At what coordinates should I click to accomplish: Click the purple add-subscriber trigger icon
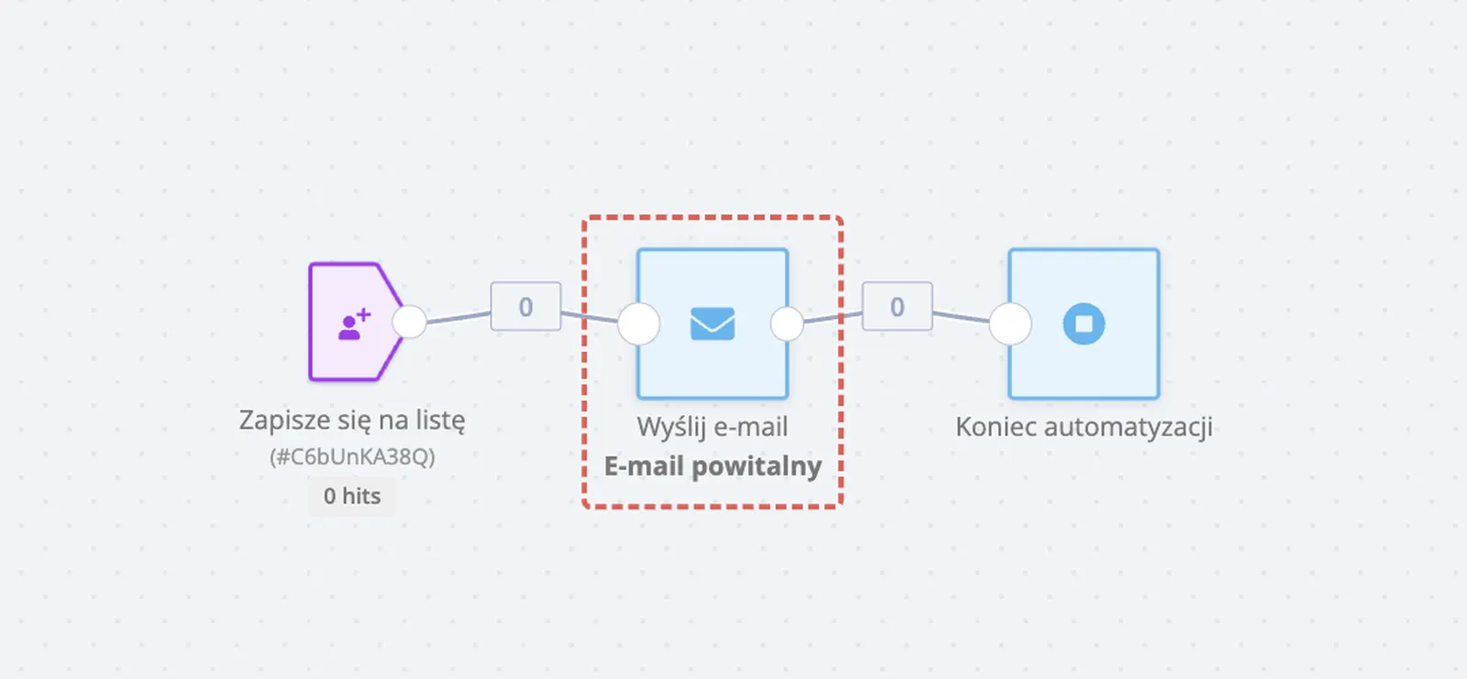point(353,323)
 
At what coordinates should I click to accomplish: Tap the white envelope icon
point(712,323)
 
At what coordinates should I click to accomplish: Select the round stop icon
point(1084,323)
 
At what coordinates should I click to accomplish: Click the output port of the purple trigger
point(409,322)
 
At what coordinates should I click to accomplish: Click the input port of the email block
point(639,323)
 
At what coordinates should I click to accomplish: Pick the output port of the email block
point(787,323)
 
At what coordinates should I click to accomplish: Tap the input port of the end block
point(1010,323)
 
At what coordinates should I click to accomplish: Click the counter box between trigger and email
point(525,306)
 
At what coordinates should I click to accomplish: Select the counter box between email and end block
point(897,306)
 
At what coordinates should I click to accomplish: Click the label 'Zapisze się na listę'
point(352,421)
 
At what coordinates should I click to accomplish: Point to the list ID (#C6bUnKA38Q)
point(352,456)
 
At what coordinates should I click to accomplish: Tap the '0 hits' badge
point(352,496)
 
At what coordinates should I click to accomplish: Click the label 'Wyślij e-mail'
point(712,427)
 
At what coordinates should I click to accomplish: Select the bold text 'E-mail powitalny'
point(712,466)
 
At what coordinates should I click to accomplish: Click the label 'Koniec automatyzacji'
point(1084,427)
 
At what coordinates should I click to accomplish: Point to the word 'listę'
point(440,421)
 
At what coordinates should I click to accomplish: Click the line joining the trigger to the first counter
point(458,317)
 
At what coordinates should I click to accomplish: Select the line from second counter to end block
point(961,317)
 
